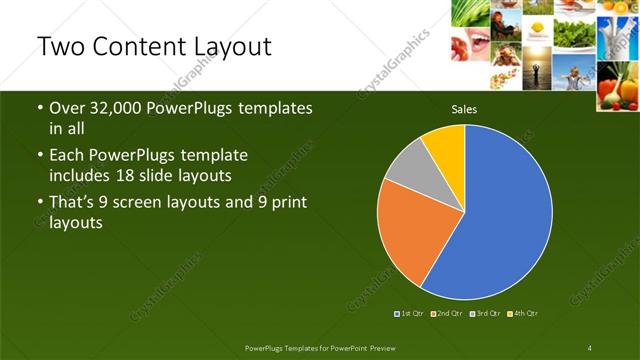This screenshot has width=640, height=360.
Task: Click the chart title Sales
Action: click(464, 109)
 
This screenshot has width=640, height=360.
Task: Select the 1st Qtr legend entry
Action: click(410, 314)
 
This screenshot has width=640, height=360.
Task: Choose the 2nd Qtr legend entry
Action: click(447, 314)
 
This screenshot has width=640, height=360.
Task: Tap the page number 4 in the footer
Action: click(590, 347)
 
